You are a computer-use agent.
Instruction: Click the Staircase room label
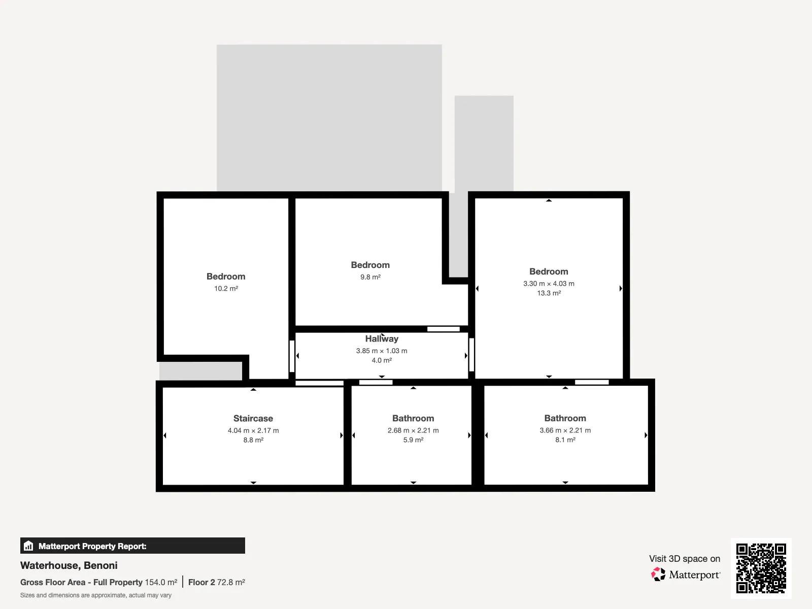tap(253, 418)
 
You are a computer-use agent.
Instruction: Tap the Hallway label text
tap(382, 339)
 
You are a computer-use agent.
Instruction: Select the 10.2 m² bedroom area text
tap(226, 288)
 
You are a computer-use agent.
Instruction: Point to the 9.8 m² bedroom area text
tap(370, 277)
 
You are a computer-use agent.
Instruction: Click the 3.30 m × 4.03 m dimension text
tap(549, 284)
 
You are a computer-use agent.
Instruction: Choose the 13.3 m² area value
tap(549, 293)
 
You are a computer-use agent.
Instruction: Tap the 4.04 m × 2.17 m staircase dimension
tap(253, 430)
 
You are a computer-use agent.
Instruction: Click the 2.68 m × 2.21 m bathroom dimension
tap(413, 430)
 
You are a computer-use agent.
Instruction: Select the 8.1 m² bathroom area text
tap(565, 439)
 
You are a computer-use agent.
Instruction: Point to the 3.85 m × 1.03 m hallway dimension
tap(382, 351)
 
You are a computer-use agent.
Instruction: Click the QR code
tap(761, 568)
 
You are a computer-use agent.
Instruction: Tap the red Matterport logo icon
tap(658, 574)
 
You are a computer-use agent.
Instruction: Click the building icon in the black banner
tap(28, 546)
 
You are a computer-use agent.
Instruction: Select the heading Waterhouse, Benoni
tap(69, 565)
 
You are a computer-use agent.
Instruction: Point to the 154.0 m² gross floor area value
tap(161, 583)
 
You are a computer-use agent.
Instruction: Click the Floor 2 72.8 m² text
tap(216, 583)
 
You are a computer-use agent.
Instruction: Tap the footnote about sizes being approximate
tap(96, 595)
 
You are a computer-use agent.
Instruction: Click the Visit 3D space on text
tap(685, 559)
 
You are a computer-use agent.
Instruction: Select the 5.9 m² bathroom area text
tap(413, 439)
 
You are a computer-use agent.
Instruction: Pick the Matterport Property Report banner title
tap(92, 546)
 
